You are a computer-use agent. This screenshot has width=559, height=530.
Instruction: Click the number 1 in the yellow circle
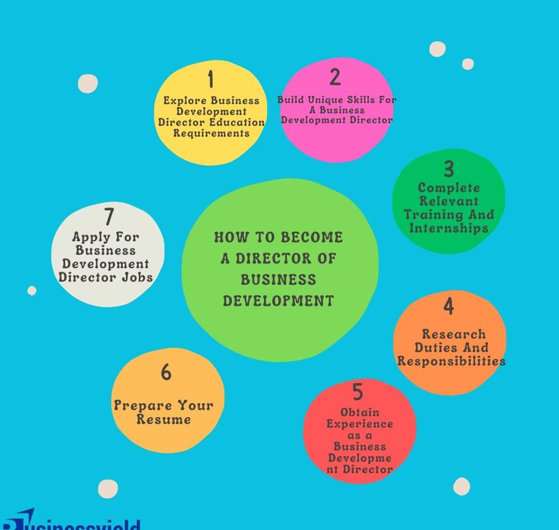tap(210, 80)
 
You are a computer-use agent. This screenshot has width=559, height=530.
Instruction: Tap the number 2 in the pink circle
tap(335, 77)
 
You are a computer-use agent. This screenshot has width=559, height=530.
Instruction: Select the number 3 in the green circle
tap(449, 169)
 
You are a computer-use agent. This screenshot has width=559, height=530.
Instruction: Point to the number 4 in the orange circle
tap(448, 306)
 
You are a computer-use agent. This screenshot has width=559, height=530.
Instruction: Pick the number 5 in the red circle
tap(358, 392)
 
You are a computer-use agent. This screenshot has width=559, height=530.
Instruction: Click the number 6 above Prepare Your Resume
tap(166, 372)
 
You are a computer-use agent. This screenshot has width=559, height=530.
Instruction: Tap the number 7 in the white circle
tap(108, 216)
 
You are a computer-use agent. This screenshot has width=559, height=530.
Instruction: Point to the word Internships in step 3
tap(449, 228)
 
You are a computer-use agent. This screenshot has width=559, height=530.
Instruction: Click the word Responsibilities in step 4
tap(451, 361)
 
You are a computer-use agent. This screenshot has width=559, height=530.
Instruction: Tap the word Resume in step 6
tap(164, 419)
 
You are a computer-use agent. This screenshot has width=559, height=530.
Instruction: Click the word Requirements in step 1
tap(211, 133)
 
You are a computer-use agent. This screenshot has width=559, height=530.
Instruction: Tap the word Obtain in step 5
tap(360, 413)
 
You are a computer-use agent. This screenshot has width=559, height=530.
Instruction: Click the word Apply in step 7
tap(90, 237)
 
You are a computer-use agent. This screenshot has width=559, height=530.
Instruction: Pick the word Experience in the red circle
tap(360, 424)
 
